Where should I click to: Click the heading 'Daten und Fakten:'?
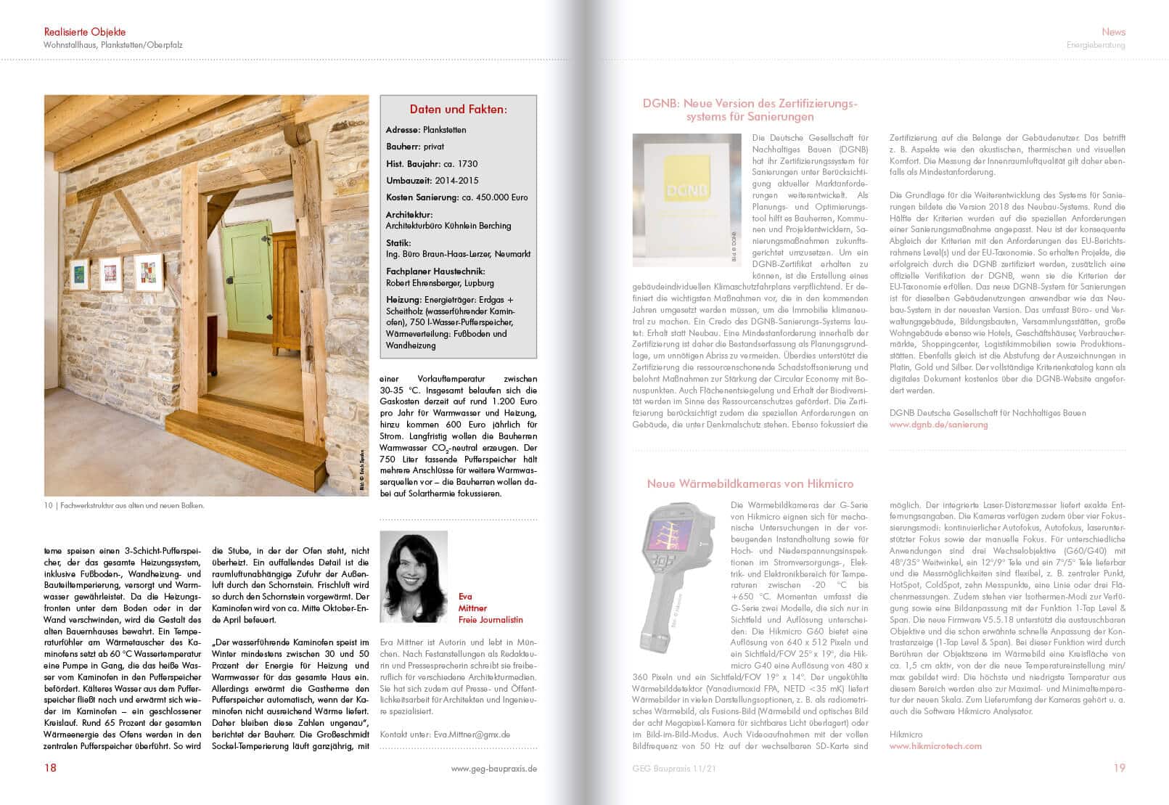click(x=458, y=110)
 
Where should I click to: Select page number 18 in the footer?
click(x=50, y=767)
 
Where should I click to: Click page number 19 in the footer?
click(x=1119, y=767)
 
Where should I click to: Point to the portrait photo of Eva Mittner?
click(x=414, y=576)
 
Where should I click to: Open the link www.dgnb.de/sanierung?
click(x=938, y=425)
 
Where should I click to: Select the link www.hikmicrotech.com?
click(x=935, y=745)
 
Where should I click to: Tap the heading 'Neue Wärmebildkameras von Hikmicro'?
click(x=750, y=483)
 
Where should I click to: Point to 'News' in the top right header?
click(x=1113, y=32)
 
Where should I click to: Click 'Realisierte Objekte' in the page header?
click(x=85, y=32)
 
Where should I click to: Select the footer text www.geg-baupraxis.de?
click(x=493, y=768)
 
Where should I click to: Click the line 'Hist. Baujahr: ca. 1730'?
click(x=432, y=164)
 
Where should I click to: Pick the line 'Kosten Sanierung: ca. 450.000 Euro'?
click(x=457, y=197)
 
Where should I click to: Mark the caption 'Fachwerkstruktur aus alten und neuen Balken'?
click(x=132, y=506)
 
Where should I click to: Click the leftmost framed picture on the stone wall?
click(x=79, y=274)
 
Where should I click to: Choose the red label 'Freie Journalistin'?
click(x=491, y=620)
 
